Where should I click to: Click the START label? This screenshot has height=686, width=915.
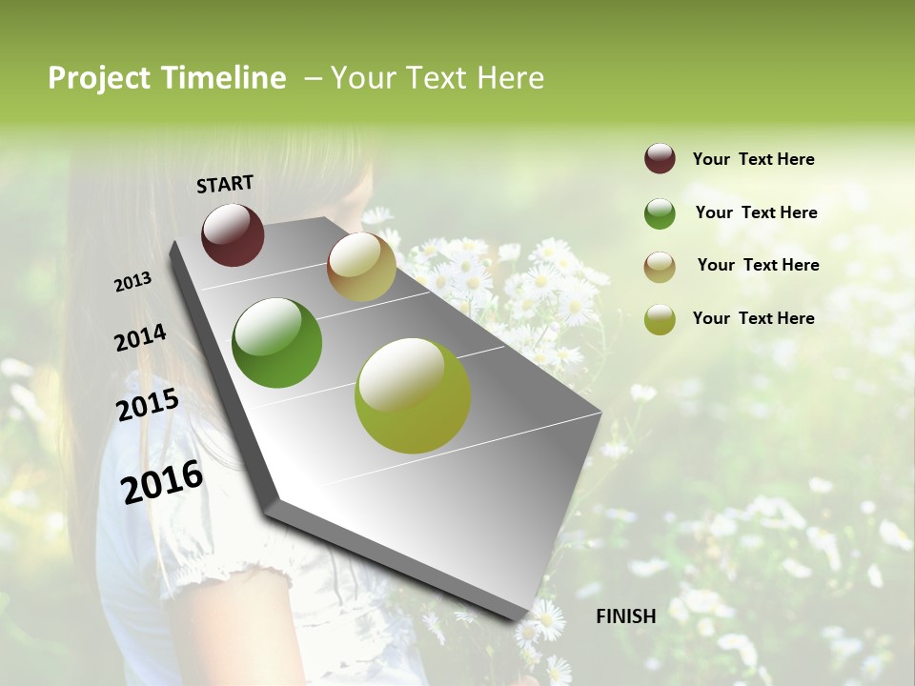[x=225, y=183]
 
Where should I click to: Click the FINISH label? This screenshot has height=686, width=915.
[x=625, y=616]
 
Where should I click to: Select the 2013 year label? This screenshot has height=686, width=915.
[x=132, y=282]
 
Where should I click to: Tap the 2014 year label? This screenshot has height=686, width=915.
[x=140, y=337]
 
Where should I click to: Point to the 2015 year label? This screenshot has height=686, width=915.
[x=148, y=405]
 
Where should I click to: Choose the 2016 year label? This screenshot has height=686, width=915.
[x=162, y=482]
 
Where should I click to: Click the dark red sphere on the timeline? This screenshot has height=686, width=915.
[x=233, y=234]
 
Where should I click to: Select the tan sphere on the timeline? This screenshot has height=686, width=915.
[x=361, y=267]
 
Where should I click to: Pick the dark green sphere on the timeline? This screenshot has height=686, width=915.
[x=276, y=343]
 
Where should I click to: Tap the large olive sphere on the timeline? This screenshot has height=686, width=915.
[x=412, y=395]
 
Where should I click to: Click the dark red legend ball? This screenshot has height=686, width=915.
[x=660, y=159]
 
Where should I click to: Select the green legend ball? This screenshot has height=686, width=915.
[x=660, y=213]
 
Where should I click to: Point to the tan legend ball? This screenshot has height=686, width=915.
[x=660, y=266]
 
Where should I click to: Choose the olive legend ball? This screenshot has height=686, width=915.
[x=660, y=319]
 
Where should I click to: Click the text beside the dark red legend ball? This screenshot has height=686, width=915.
[x=753, y=159]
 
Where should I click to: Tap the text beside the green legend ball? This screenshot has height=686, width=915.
[x=756, y=212]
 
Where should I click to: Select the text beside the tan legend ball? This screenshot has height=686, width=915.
[x=758, y=265]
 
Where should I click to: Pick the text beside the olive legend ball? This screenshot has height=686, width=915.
[x=753, y=318]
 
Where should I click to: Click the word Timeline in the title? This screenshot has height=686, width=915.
[x=224, y=78]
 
